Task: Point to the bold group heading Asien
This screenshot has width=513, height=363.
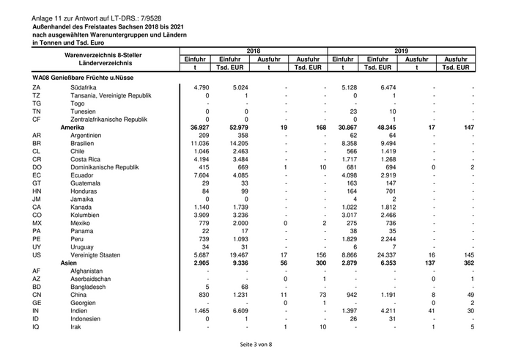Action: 69,262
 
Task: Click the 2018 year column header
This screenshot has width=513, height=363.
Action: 254,51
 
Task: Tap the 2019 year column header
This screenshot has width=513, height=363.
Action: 400,51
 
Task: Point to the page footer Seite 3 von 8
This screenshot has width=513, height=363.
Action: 256,344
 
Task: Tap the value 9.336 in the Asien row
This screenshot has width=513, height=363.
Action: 240,262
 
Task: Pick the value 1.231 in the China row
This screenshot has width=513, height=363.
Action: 240,293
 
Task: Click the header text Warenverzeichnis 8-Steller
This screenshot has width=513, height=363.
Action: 102,55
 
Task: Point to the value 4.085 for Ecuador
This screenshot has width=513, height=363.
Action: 240,175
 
